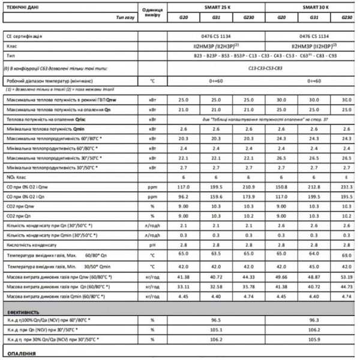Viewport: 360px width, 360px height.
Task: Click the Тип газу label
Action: (124, 19)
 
